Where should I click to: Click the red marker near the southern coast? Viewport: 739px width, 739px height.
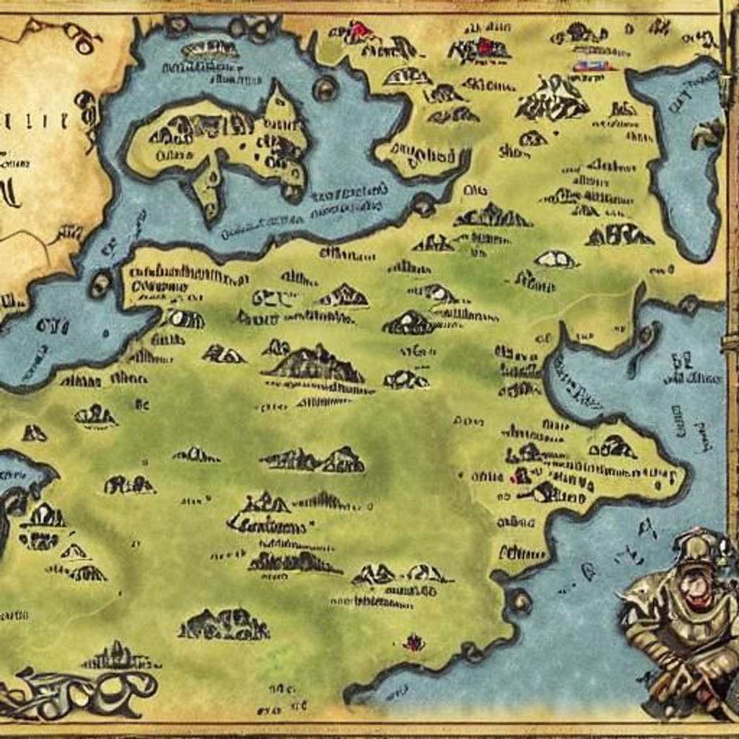(413, 642)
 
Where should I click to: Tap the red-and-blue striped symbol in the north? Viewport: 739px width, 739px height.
(593, 66)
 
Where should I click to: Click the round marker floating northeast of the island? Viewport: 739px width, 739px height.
(325, 88)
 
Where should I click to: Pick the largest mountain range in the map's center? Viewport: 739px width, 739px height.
(314, 365)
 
